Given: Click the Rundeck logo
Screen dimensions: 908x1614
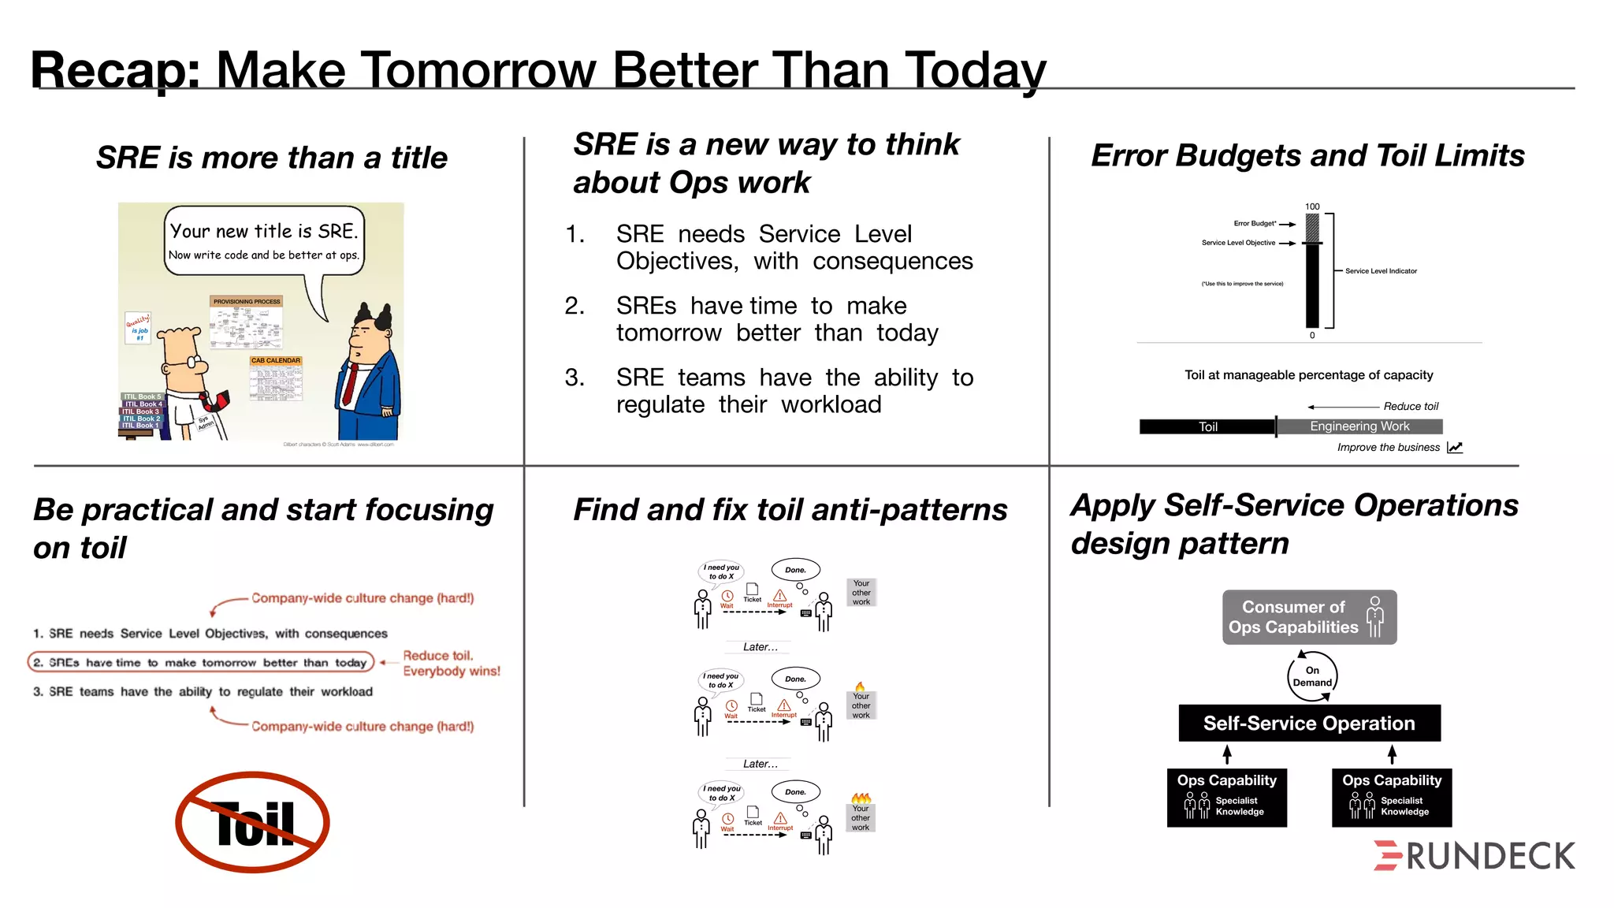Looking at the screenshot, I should point(1474,856).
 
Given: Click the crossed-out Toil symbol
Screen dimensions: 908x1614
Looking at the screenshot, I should point(252,822).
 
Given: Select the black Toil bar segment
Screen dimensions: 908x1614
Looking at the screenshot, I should point(1207,426).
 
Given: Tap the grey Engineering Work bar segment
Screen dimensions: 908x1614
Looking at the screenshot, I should point(1359,426).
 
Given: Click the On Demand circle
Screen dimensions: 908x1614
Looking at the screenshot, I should point(1312,676).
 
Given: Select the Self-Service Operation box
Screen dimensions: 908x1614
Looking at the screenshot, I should point(1309,723).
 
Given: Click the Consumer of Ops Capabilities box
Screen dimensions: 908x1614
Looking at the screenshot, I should point(1309,617).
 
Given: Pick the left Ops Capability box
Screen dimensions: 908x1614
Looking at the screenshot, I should point(1226,797).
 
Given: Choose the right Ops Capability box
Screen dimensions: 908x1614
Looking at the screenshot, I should point(1392,797).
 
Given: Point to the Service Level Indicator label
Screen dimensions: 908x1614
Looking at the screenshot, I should point(1381,271).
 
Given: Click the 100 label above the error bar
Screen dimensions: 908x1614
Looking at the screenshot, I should point(1312,207).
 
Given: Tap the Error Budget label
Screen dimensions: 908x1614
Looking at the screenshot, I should point(1255,224).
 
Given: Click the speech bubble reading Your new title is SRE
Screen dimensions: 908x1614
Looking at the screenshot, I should point(264,241).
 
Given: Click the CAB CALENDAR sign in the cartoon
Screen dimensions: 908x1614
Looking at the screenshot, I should point(276,361).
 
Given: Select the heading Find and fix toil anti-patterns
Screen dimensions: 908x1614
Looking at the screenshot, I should point(790,510).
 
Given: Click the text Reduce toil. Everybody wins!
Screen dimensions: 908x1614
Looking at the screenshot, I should point(451,663).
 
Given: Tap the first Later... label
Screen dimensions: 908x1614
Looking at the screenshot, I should point(760,647).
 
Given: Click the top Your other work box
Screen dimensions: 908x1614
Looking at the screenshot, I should point(861,593).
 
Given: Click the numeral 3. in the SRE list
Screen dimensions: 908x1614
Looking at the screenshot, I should point(575,378).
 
